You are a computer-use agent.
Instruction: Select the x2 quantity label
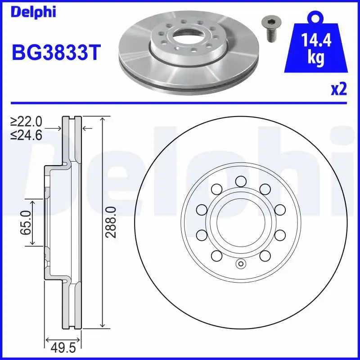(x=339, y=90)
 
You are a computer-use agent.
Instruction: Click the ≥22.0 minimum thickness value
(x=27, y=121)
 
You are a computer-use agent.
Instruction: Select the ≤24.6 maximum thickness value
(x=27, y=135)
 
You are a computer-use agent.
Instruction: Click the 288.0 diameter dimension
(x=112, y=222)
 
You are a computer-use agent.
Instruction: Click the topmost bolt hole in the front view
(x=240, y=181)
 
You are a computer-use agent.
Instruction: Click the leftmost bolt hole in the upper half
(x=202, y=209)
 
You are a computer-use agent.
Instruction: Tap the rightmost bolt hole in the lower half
(x=279, y=235)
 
